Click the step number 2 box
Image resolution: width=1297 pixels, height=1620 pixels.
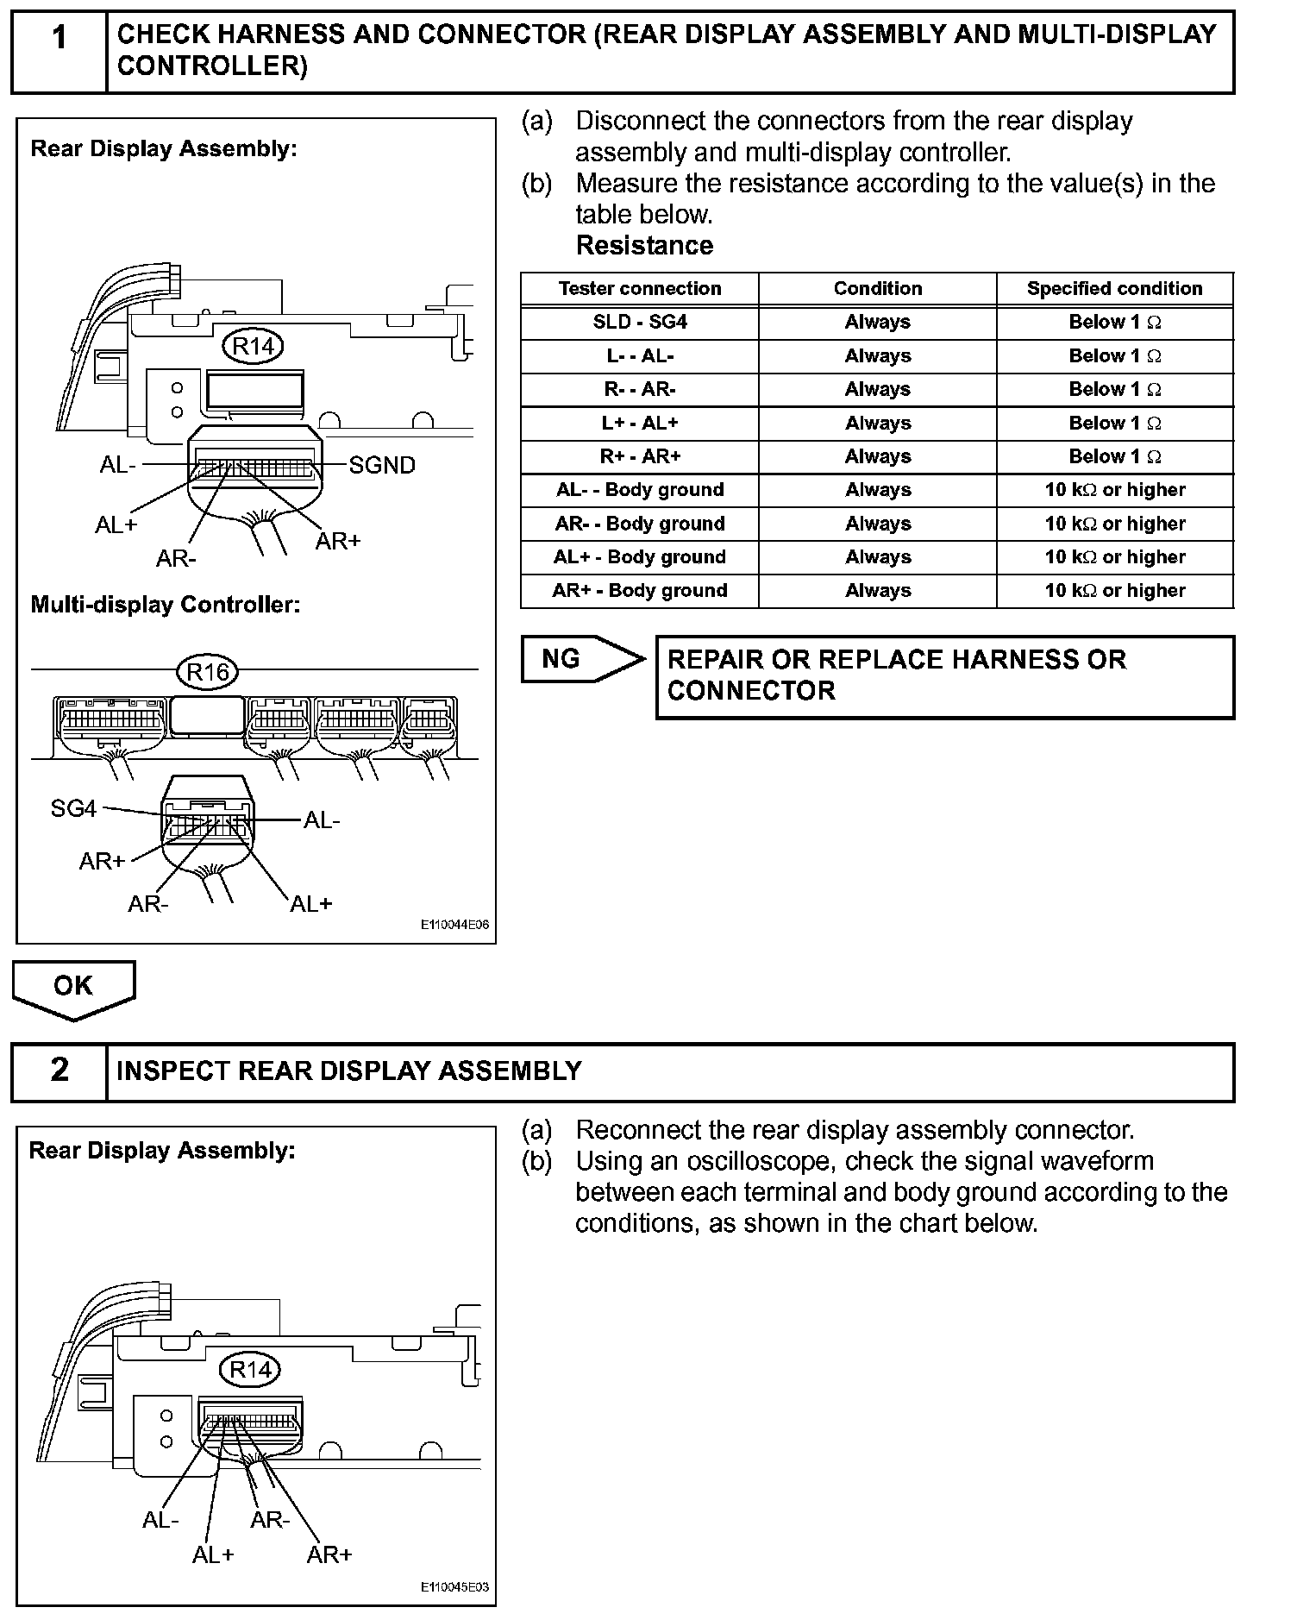pyautogui.click(x=59, y=1071)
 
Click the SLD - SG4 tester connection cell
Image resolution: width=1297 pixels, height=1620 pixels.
pyautogui.click(x=640, y=323)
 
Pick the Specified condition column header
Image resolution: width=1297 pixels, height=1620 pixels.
pyautogui.click(x=1114, y=289)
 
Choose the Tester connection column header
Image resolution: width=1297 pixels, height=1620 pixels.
pyautogui.click(x=640, y=289)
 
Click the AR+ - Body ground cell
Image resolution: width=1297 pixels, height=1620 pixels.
pyautogui.click(x=640, y=591)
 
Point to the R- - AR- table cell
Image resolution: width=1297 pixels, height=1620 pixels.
pyautogui.click(x=640, y=390)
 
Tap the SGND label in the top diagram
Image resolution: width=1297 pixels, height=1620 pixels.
pyautogui.click(x=382, y=466)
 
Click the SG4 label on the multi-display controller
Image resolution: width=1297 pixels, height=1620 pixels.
pyautogui.click(x=73, y=809)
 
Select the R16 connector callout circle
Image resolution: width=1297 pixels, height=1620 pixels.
pyautogui.click(x=207, y=671)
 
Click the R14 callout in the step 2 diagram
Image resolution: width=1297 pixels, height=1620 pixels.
pyautogui.click(x=250, y=1369)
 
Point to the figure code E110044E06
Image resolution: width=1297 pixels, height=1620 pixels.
pyautogui.click(x=454, y=925)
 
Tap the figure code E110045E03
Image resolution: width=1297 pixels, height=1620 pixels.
pyautogui.click(x=454, y=1587)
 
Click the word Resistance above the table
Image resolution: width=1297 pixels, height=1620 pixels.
pyautogui.click(x=644, y=246)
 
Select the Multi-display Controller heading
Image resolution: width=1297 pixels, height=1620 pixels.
pyautogui.click(x=166, y=605)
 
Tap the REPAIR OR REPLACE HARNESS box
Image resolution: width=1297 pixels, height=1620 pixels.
pyautogui.click(x=944, y=677)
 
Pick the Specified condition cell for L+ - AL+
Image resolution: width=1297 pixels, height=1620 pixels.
pyautogui.click(x=1114, y=424)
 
